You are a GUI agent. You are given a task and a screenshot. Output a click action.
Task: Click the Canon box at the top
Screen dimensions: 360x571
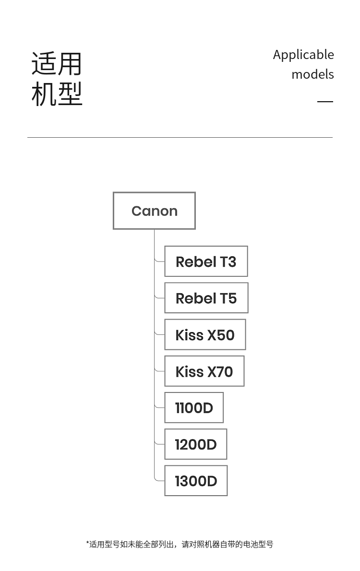coord(154,211)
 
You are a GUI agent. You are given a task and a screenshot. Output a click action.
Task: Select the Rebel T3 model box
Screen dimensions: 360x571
coord(206,262)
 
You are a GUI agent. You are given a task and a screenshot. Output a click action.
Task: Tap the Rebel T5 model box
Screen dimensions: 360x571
coord(206,298)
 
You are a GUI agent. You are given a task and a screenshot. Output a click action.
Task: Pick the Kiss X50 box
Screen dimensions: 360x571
coord(205,334)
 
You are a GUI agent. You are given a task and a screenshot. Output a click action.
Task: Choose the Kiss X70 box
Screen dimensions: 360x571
coord(204,371)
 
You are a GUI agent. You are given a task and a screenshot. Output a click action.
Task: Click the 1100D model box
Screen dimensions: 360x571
coord(194,407)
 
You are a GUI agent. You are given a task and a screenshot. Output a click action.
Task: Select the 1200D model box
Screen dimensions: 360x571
coord(196,444)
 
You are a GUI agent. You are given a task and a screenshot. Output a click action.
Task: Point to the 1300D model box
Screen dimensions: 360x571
coord(196,481)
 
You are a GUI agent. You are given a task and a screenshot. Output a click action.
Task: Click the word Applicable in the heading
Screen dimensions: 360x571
coord(303,55)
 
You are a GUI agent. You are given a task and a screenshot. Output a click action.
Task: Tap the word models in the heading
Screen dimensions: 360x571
coord(312,74)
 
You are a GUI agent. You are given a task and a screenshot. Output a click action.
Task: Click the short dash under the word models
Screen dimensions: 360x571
coord(325,102)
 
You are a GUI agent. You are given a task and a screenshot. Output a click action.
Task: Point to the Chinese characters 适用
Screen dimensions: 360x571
coord(57,64)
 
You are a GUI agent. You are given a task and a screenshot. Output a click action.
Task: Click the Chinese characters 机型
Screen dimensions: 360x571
coord(57,94)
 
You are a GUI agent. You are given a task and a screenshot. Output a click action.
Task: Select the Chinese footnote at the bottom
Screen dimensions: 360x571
coord(180,545)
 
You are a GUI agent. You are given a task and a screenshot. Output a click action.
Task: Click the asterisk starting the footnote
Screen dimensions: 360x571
coord(87,543)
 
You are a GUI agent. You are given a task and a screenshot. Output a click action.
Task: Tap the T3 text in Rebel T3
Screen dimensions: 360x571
coord(228,262)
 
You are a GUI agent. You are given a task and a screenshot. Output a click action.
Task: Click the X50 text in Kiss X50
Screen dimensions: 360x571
coord(221,335)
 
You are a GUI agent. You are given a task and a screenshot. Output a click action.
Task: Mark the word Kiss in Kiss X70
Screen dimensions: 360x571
coord(190,372)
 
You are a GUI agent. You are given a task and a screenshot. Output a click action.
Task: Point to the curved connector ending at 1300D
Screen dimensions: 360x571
coord(158,478)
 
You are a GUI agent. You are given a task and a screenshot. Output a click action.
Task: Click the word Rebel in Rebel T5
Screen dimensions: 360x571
coord(196,298)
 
